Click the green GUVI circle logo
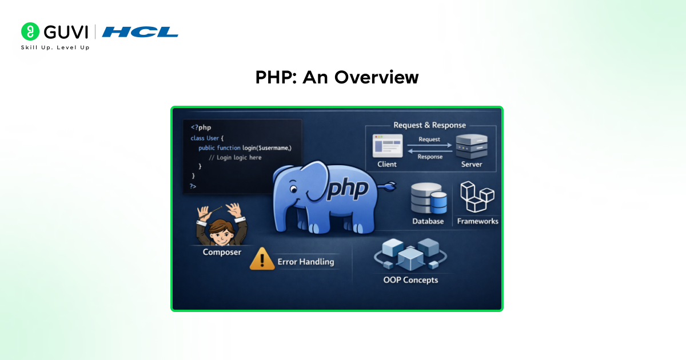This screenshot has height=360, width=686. (x=30, y=31)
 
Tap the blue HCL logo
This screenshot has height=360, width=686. (x=140, y=32)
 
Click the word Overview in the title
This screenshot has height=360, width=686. (x=376, y=77)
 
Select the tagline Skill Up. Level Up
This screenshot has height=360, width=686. (x=55, y=47)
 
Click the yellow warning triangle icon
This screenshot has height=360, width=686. (x=262, y=259)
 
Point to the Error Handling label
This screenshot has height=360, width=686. (x=306, y=262)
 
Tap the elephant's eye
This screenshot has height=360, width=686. (x=293, y=189)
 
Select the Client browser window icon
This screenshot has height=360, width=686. (x=388, y=146)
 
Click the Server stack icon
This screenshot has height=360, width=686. (x=472, y=146)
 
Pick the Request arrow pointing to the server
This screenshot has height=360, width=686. (x=429, y=145)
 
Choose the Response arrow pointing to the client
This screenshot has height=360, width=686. (x=430, y=151)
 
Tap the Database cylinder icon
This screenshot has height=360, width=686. (x=428, y=198)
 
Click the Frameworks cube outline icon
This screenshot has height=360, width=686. (x=477, y=197)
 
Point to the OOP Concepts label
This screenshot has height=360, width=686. (x=410, y=280)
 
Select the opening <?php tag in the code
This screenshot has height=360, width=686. (x=201, y=127)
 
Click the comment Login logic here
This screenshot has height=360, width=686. (x=235, y=158)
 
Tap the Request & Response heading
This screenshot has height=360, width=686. (x=429, y=125)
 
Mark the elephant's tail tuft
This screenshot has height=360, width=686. (x=389, y=186)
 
